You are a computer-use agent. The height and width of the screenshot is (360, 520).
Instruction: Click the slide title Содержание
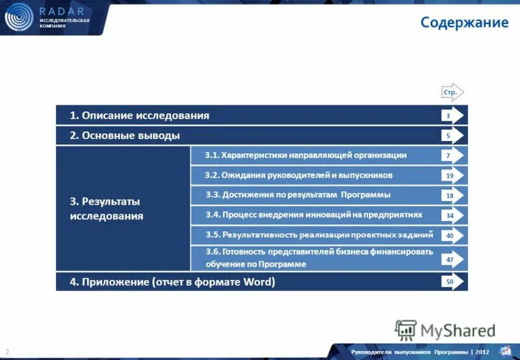pyautogui.click(x=464, y=23)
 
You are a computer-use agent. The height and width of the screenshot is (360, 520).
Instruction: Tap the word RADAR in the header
pyautogui.click(x=61, y=11)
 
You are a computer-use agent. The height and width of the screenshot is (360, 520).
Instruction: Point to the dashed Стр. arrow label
pyautogui.click(x=452, y=93)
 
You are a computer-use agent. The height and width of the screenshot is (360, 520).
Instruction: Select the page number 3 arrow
pyautogui.click(x=453, y=116)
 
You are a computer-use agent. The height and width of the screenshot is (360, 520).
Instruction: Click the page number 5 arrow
pyautogui.click(x=453, y=136)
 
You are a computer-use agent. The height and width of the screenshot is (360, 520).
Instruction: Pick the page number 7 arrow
pyautogui.click(x=453, y=156)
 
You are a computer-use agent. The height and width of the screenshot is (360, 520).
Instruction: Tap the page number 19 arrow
pyautogui.click(x=453, y=175)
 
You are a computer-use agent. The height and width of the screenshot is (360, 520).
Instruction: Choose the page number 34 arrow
pyautogui.click(x=453, y=215)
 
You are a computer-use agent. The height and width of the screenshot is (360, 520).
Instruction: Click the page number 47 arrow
pyautogui.click(x=453, y=259)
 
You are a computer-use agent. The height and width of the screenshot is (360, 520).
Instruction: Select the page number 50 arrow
pyautogui.click(x=453, y=282)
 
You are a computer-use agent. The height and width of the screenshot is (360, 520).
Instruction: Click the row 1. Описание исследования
pyautogui.click(x=140, y=116)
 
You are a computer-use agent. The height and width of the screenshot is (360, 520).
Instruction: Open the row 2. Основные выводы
pyautogui.click(x=125, y=136)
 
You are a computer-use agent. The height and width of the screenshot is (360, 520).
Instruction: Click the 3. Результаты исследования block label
pyautogui.click(x=107, y=209)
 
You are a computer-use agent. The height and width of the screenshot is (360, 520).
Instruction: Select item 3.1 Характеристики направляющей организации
pyautogui.click(x=305, y=155)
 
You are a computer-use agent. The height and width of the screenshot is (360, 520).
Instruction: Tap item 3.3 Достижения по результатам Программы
pyautogui.click(x=298, y=195)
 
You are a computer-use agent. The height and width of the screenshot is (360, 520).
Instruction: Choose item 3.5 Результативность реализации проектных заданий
pyautogui.click(x=318, y=235)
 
